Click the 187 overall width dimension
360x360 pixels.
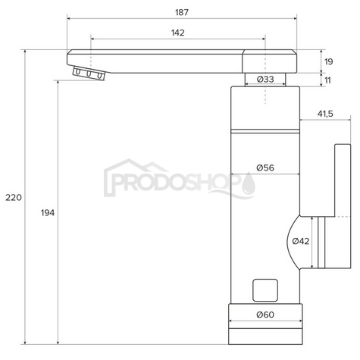182,12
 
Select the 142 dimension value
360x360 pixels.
178,33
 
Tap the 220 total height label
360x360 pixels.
14,198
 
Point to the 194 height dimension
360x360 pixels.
48,213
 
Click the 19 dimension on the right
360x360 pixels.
329,61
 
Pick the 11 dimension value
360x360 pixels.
327,80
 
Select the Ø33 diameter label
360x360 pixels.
265,80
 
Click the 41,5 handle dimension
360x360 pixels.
325,114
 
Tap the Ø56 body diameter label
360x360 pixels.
265,167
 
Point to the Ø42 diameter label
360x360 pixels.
301,241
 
